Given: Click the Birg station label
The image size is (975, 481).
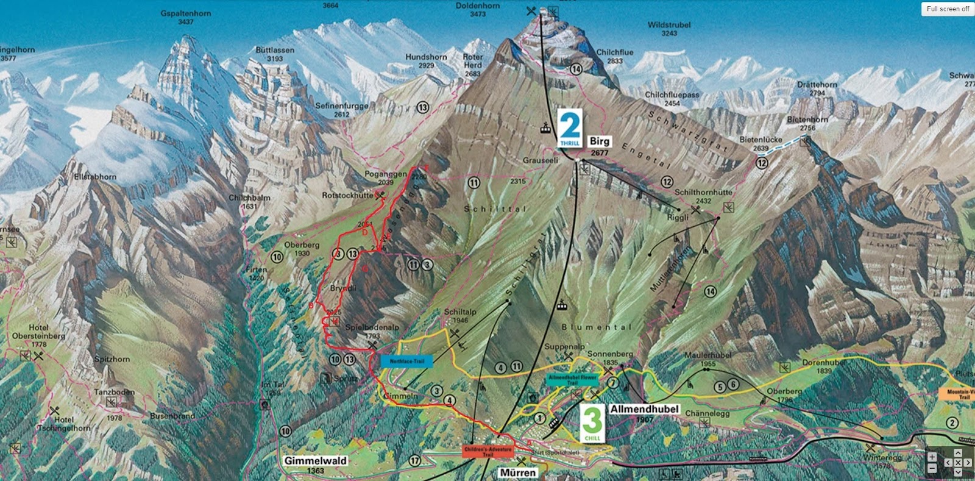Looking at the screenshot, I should click(600, 141).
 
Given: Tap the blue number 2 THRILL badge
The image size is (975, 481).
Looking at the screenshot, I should click(570, 129).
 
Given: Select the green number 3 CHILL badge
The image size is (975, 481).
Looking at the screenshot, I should click(592, 424).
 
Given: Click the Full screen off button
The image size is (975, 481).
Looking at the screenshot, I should click(948, 9).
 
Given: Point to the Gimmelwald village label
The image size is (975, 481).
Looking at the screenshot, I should click(315, 461).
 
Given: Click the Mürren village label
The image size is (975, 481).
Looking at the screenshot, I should click(517, 472).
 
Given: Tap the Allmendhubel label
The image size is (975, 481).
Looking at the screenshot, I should click(644, 409).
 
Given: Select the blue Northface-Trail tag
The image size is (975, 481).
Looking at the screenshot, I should click(406, 361).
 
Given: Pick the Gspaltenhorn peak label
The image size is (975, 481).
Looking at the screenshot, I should click(186, 13).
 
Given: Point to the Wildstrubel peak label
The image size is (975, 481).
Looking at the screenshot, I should click(669, 25).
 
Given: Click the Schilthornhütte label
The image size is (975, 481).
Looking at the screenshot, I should click(703, 192).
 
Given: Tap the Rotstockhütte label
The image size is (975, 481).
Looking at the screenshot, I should click(347, 196).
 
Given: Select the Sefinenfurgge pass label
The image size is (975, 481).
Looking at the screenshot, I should click(342, 106).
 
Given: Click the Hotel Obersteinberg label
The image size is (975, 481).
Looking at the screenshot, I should click(38, 332).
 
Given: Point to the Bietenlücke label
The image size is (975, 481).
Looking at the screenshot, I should click(760, 140).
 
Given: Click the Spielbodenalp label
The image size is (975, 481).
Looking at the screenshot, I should click(372, 327).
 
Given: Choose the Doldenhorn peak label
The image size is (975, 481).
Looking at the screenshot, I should click(478, 6).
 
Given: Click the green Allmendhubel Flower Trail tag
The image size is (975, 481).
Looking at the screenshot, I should click(572, 379).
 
